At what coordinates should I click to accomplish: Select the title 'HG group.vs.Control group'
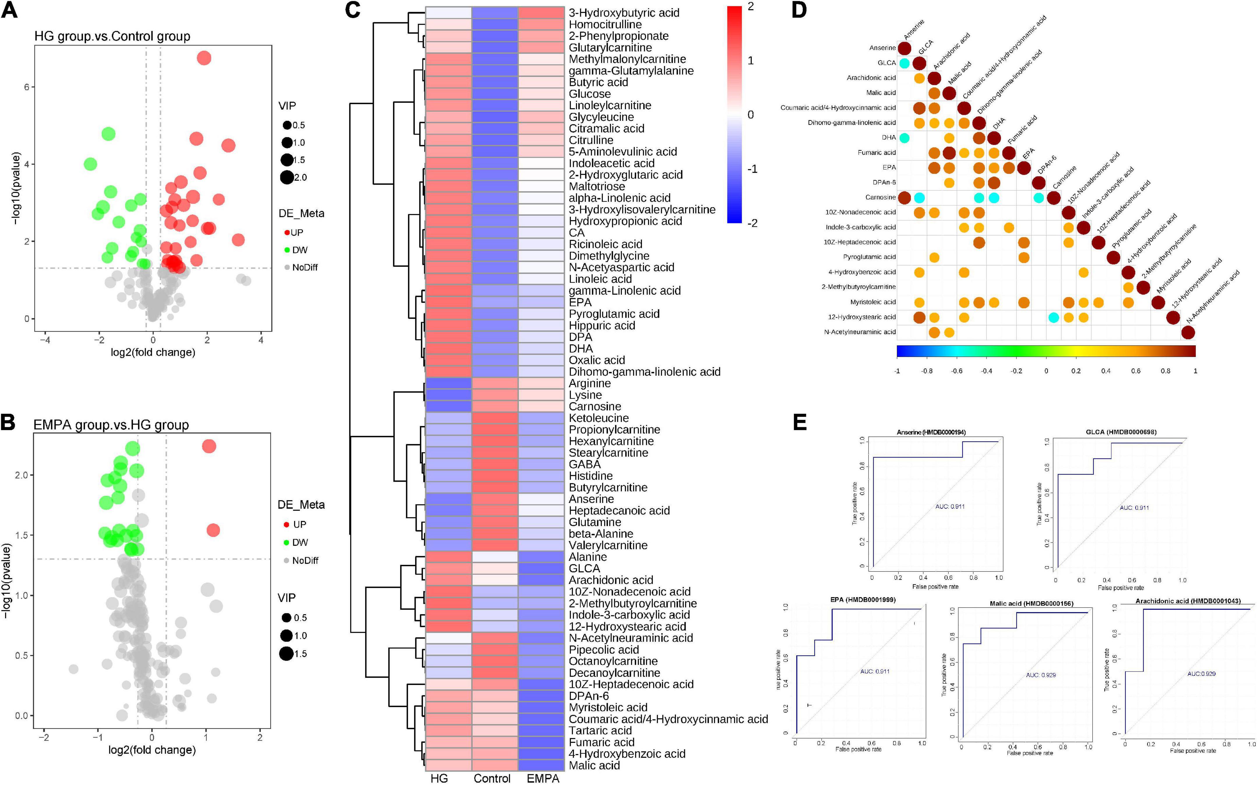112,36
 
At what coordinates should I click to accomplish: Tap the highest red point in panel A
204,58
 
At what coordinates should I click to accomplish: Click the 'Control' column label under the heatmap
492,778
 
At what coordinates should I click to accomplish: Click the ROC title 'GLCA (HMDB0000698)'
1120,432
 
